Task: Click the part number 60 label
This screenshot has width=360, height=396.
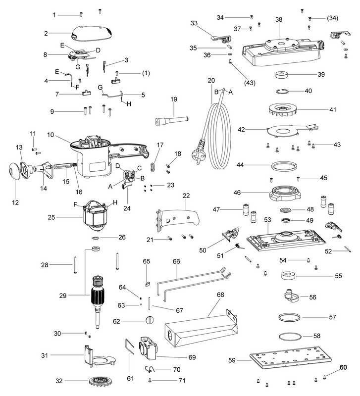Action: pyautogui.click(x=343, y=368)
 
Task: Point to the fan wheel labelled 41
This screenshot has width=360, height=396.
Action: pyautogui.click(x=284, y=110)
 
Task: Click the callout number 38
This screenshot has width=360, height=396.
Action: pyautogui.click(x=279, y=20)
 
